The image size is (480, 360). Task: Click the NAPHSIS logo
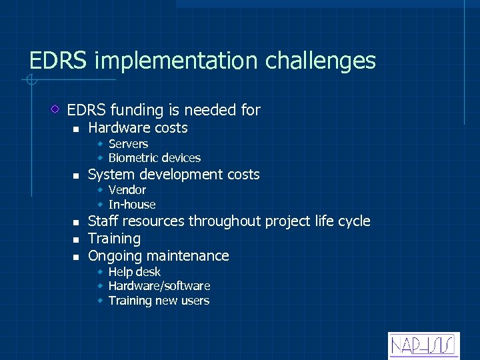(423, 345)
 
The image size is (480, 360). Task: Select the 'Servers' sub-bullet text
(128, 144)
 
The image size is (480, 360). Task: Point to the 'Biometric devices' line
(154, 158)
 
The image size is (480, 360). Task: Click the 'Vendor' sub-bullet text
(127, 190)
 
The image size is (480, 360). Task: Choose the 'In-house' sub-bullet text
(131, 205)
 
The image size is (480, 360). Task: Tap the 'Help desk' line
(134, 272)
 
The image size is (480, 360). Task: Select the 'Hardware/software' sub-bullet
(159, 286)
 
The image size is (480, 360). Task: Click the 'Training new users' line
(159, 301)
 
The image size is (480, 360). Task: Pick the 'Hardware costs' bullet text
(138, 128)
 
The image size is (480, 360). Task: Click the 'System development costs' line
(174, 175)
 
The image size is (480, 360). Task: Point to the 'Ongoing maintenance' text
(159, 256)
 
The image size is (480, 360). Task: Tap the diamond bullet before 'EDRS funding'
(57, 109)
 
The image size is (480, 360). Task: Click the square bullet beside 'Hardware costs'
(76, 129)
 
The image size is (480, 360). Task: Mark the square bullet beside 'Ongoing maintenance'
(76, 257)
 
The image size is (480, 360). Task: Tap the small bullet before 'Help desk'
(99, 273)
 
